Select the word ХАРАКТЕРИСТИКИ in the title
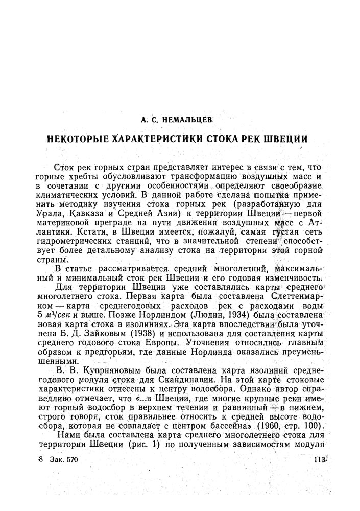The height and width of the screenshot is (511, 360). [149, 139]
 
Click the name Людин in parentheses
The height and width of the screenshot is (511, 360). [191, 315]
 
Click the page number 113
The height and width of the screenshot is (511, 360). [319, 459]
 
